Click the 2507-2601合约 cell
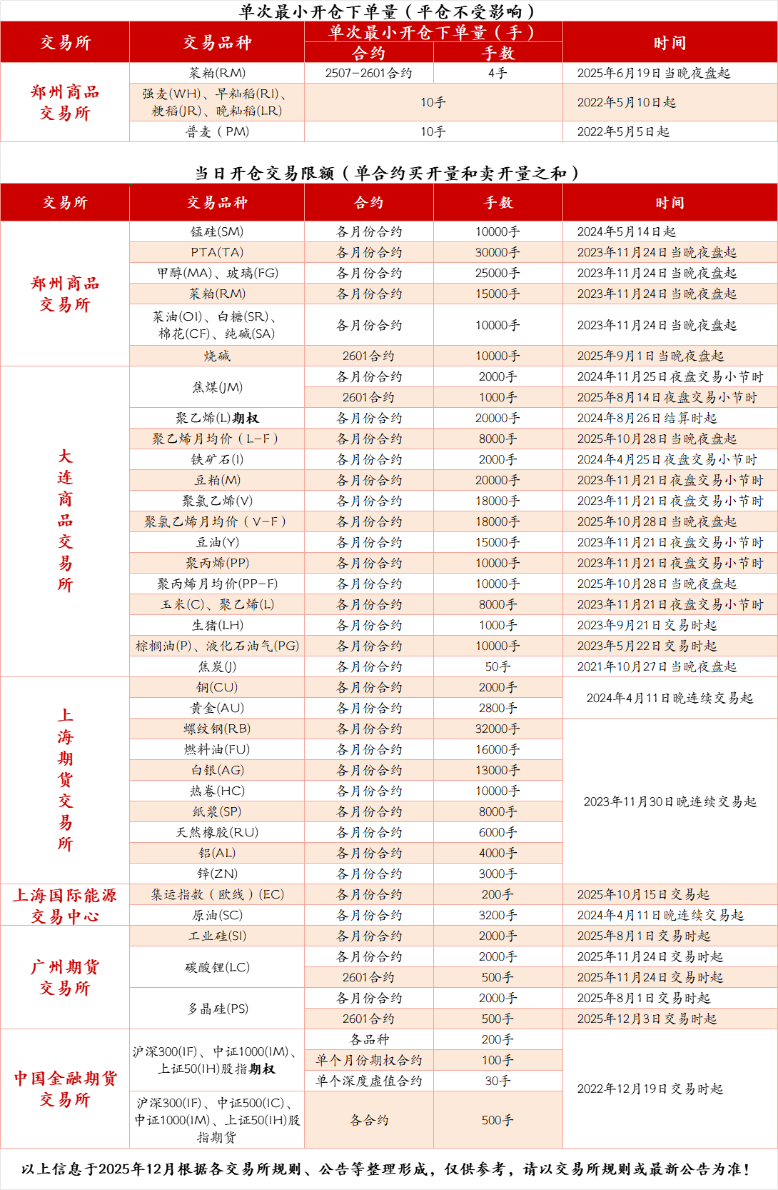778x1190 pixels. coord(368,73)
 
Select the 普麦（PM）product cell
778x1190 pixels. coord(217,131)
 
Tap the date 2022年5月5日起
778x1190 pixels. coord(623,131)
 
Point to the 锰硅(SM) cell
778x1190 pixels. coord(217,231)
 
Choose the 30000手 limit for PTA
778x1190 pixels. coord(497,252)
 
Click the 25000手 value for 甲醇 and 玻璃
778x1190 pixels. coord(497,273)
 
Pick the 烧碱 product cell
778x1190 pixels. coord(217,356)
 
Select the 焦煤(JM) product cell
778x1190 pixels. coord(217,387)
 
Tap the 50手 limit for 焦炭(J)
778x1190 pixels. coord(497,666)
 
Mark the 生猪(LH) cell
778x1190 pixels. coord(217,625)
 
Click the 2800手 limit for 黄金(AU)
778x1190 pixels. coord(497,708)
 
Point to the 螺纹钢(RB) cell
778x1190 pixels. coord(217,729)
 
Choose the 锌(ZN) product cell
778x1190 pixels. coord(217,874)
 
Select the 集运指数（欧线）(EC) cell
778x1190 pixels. coord(217,894)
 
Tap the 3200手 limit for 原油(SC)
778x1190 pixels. coord(497,915)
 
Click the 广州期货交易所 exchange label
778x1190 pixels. coord(65,977)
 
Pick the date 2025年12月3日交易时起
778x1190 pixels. coord(647,1019)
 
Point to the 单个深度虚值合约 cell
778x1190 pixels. coord(368,1081)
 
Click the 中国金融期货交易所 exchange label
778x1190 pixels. coord(65,1089)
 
